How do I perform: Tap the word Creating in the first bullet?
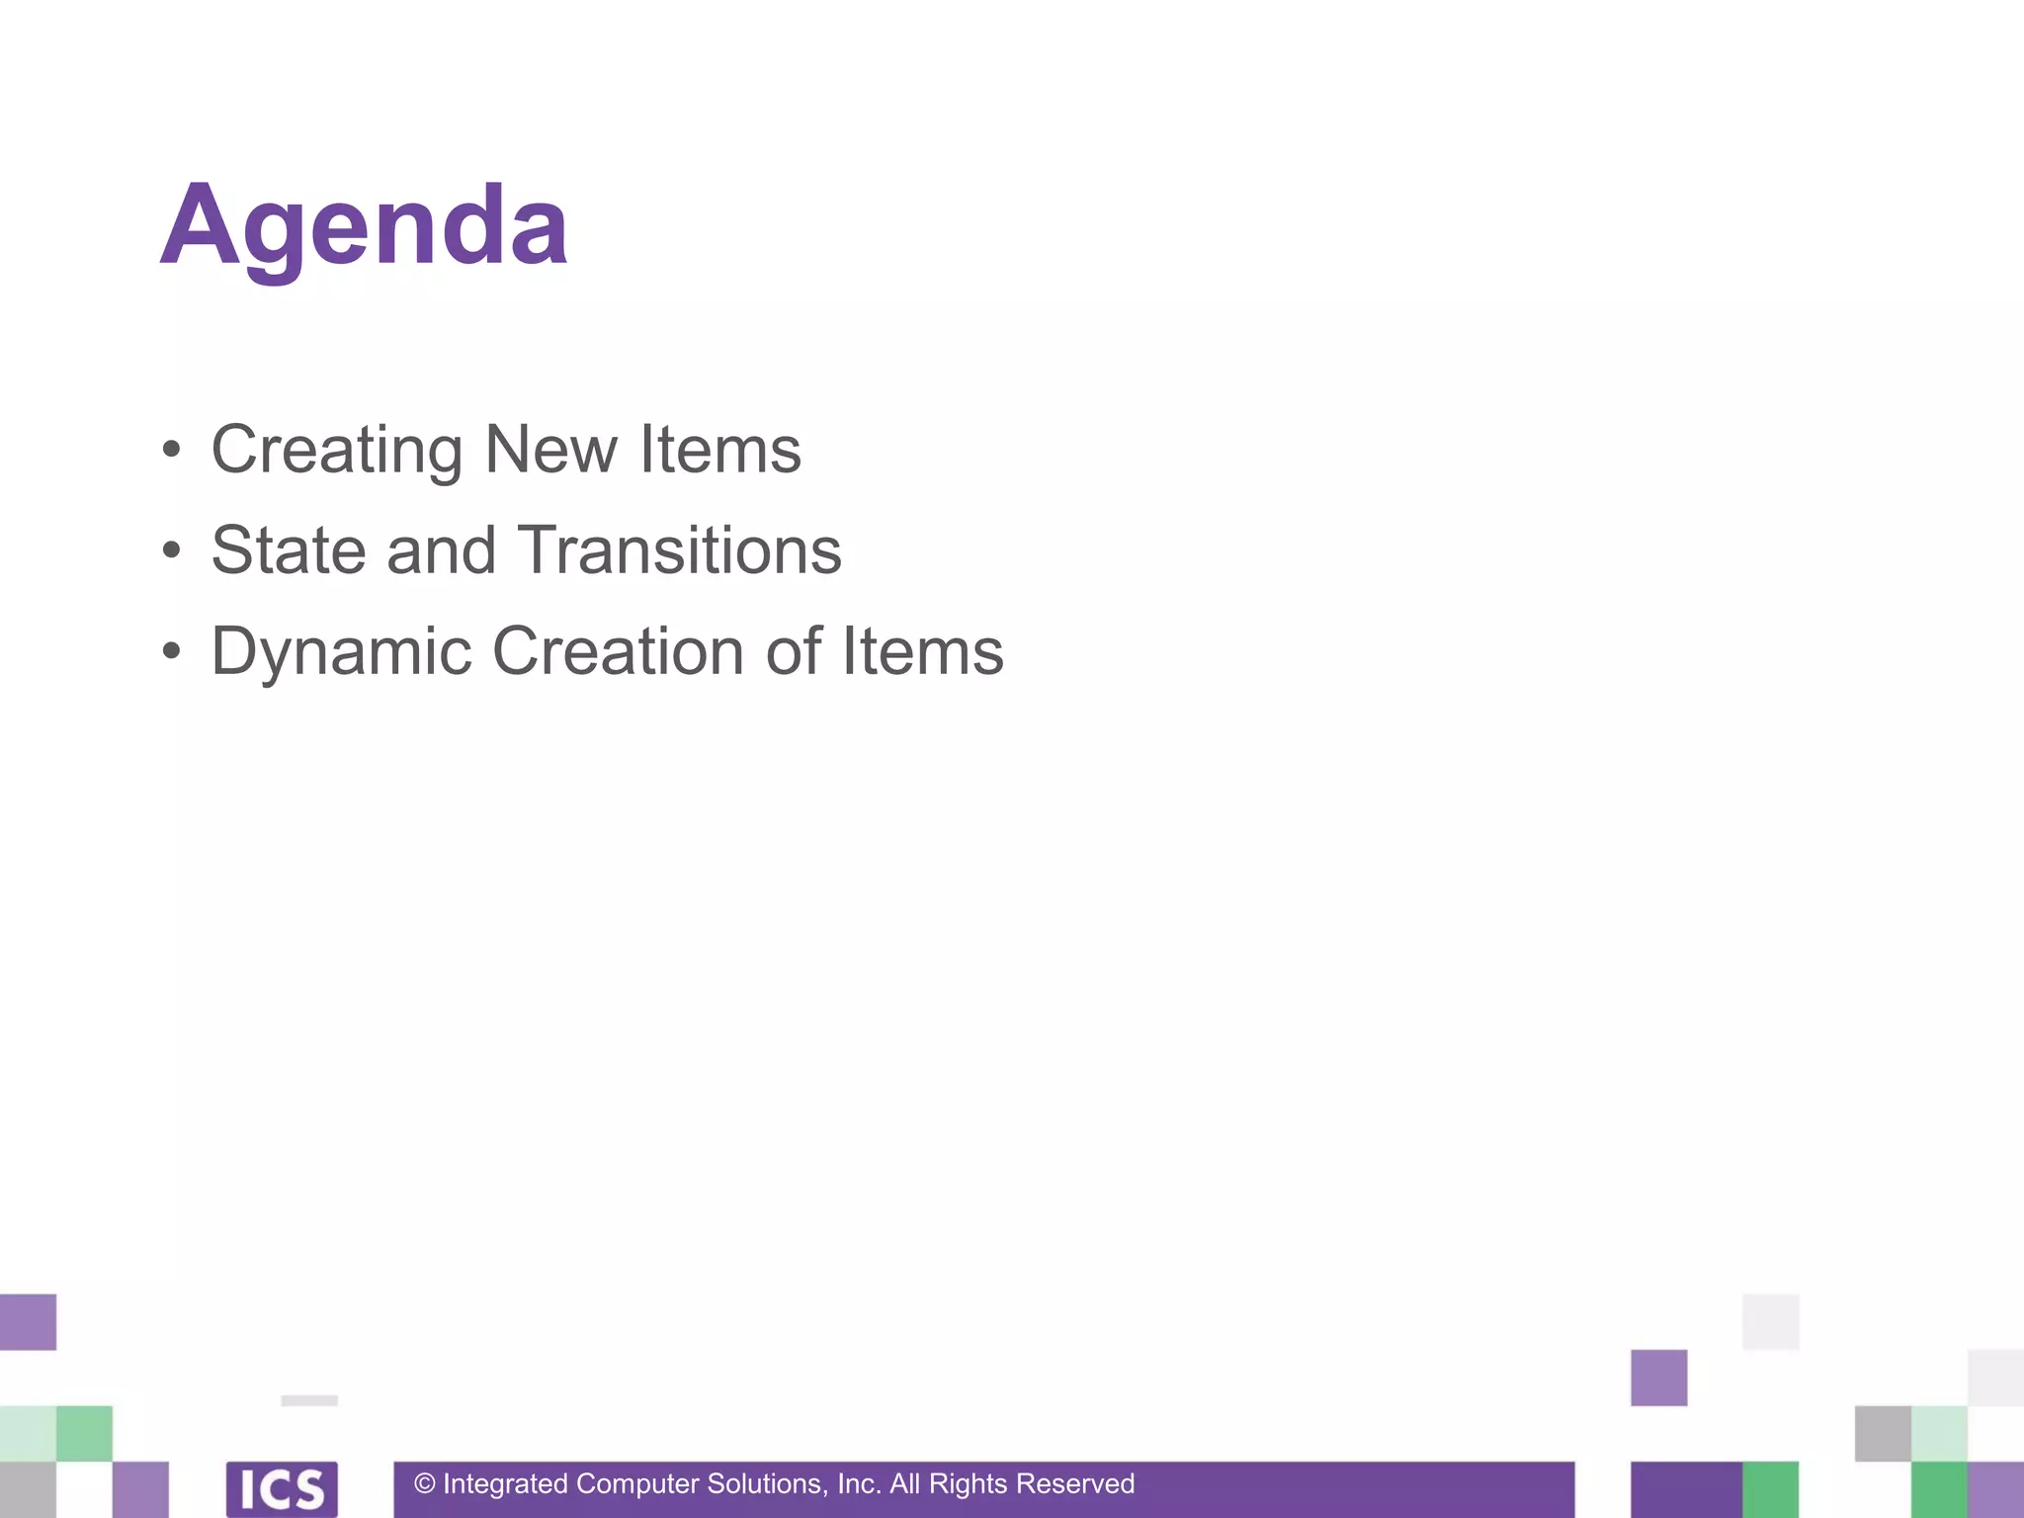pos(336,450)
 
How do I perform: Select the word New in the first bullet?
pos(550,450)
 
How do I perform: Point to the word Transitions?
pos(679,550)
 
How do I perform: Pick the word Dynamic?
pos(341,652)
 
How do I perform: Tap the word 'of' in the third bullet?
pos(794,652)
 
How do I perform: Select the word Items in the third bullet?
pos(922,652)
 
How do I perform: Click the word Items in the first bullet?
pos(720,450)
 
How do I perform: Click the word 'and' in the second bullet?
pos(441,550)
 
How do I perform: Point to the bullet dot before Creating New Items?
pos(172,451)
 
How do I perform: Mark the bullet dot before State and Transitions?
pos(172,551)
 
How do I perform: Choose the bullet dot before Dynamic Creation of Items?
pos(172,652)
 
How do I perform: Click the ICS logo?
pos(282,1489)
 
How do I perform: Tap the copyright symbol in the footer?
pos(425,1483)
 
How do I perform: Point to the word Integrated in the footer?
pos(505,1484)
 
